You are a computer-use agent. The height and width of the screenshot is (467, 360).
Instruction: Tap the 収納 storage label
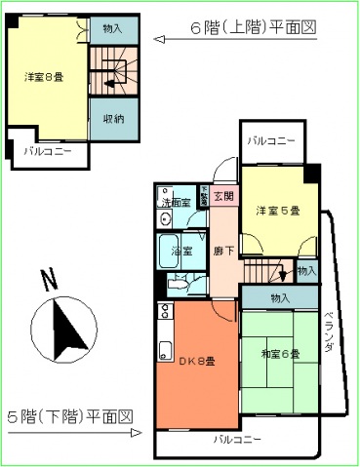point(112,118)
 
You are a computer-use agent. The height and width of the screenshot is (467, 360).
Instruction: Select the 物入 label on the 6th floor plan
point(113,29)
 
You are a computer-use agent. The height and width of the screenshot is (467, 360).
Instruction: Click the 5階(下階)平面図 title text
point(69,417)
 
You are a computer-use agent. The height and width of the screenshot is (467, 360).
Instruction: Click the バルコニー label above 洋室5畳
point(270,141)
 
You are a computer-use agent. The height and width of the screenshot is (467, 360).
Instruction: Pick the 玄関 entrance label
point(223,197)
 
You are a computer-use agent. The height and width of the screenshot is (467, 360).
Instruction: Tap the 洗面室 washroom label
point(176,204)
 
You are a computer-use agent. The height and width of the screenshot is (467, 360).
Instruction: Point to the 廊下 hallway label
point(223,251)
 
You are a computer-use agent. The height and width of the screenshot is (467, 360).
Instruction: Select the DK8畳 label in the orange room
point(196,362)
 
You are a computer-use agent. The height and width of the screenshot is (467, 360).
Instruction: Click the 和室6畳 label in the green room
point(279,353)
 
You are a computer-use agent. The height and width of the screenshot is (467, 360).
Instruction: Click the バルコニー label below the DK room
point(238,440)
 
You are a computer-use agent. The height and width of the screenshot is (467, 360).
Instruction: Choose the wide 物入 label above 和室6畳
point(280,297)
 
